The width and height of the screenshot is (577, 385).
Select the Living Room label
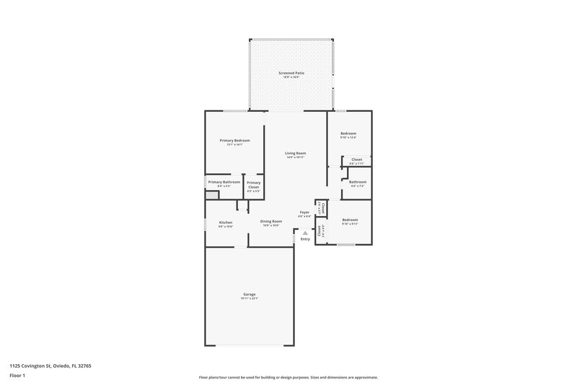pyautogui.click(x=295, y=153)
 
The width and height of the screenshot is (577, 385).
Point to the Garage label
pyautogui.click(x=249, y=294)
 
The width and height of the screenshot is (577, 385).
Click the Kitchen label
pyautogui.click(x=226, y=222)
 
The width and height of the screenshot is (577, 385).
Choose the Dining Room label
pyautogui.click(x=270, y=222)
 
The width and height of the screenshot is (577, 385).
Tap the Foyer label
pyautogui.click(x=305, y=212)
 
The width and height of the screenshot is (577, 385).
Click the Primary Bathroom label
pyautogui.click(x=224, y=182)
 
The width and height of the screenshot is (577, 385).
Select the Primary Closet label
pyautogui.click(x=254, y=185)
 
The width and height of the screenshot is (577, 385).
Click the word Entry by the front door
pyautogui.click(x=305, y=239)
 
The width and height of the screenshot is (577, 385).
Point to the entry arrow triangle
pyautogui.click(x=305, y=232)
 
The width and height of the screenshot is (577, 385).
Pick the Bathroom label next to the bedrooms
pyautogui.click(x=358, y=182)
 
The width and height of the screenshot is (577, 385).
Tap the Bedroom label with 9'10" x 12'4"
pyautogui.click(x=348, y=134)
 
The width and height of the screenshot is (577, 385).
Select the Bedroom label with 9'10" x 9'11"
pyautogui.click(x=350, y=220)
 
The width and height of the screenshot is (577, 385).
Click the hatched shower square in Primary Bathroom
pyautogui.click(x=211, y=194)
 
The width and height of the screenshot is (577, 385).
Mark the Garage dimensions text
pyautogui.click(x=249, y=298)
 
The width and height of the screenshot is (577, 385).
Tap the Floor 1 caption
pyautogui.click(x=18, y=376)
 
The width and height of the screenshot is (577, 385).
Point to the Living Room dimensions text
pyautogui.click(x=295, y=157)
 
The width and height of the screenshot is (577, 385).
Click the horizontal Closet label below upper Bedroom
pyautogui.click(x=356, y=160)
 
